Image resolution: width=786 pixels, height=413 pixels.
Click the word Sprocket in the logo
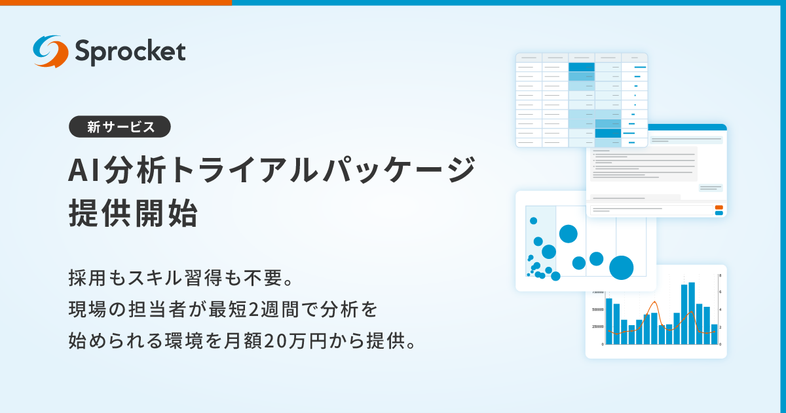pyautogui.click(x=130, y=52)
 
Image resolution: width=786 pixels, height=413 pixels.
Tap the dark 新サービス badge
pyautogui.click(x=120, y=127)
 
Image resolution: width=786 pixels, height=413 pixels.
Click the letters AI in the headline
pyautogui.click(x=83, y=172)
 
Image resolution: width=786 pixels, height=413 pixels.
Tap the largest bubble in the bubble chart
pyautogui.click(x=621, y=267)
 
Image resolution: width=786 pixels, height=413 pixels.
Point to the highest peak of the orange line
pyautogui.click(x=654, y=302)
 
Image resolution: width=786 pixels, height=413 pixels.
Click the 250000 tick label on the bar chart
pyautogui.click(x=597, y=326)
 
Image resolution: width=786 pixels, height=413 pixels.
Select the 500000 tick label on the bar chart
pyautogui.click(x=597, y=309)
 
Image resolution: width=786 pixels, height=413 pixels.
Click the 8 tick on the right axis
pyautogui.click(x=720, y=275)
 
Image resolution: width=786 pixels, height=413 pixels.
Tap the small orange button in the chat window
pyautogui.click(x=719, y=207)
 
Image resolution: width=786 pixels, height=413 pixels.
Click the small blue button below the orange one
pyautogui.click(x=719, y=213)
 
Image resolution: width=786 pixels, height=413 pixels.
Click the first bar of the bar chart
pyautogui.click(x=608, y=321)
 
